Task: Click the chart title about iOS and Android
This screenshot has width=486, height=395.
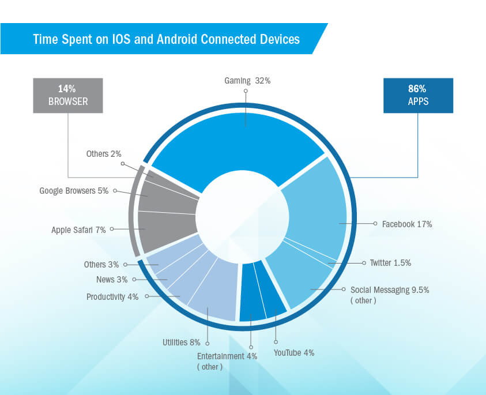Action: [166, 39]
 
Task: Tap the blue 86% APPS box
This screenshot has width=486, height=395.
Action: [418, 95]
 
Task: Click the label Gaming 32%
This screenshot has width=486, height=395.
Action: [247, 81]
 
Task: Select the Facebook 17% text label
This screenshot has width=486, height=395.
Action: [407, 224]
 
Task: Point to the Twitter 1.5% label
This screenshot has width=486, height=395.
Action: [398, 262]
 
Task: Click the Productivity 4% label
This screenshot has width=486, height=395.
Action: [112, 297]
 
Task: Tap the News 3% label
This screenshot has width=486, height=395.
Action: [112, 280]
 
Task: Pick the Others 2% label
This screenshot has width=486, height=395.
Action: [104, 153]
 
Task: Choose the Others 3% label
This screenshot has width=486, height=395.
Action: [101, 265]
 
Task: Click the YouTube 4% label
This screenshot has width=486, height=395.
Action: [293, 352]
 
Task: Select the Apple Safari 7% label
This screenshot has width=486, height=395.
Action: [78, 230]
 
